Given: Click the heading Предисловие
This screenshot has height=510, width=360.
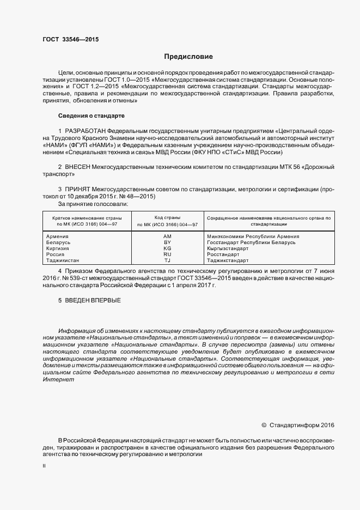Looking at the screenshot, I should pyautogui.click(x=189, y=57).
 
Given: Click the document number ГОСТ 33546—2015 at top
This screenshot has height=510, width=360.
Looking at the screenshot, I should pyautogui.click(x=70, y=40).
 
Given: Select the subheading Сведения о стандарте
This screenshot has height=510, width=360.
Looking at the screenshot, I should pyautogui.click(x=91, y=116).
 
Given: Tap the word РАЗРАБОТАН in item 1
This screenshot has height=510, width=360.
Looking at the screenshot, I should pyautogui.click(x=85, y=131).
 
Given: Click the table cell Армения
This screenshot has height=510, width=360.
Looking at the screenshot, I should pyautogui.click(x=57, y=236).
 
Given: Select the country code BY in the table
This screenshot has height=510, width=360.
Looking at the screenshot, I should pyautogui.click(x=167, y=242).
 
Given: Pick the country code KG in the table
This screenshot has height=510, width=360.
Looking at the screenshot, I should pyautogui.click(x=167, y=248).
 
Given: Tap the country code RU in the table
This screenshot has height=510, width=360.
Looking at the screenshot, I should pyautogui.click(x=167, y=254).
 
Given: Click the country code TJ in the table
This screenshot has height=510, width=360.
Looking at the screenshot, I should pyautogui.click(x=167, y=260).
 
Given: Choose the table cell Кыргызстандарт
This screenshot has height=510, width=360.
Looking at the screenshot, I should pyautogui.click(x=228, y=248).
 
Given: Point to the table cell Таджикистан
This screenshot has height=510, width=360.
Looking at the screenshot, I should pyautogui.click(x=63, y=260).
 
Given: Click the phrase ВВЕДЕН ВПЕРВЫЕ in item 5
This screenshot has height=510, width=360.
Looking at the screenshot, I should pyautogui.click(x=93, y=301).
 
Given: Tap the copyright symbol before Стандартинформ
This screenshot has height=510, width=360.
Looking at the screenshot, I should pyautogui.click(x=264, y=425).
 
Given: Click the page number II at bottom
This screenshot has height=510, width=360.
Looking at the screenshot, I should pyautogui.click(x=44, y=467).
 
